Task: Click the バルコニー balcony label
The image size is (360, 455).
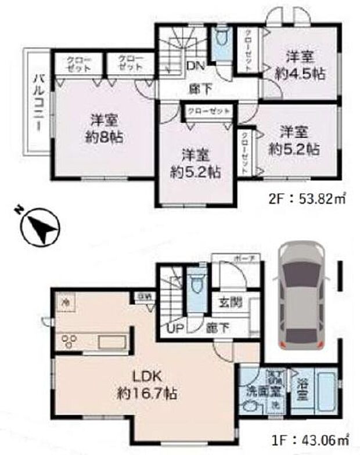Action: point(37,103)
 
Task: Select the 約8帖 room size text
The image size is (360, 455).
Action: point(105,138)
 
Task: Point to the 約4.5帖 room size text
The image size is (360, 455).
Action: point(300,74)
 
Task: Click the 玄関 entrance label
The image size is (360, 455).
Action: point(231,303)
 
